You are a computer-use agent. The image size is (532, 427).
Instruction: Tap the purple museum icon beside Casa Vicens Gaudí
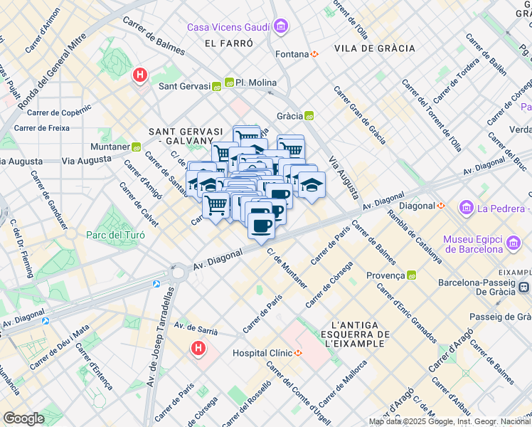(x=281, y=27)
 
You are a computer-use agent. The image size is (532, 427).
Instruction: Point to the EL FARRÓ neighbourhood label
(x=228, y=43)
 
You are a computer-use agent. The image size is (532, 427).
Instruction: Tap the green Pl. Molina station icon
(x=230, y=83)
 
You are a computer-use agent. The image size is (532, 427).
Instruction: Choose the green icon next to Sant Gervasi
(x=216, y=87)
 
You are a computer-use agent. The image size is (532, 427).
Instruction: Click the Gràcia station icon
(x=309, y=115)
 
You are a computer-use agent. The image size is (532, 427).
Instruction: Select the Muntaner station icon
(x=136, y=147)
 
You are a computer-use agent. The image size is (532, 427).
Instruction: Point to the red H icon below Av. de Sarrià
(x=198, y=349)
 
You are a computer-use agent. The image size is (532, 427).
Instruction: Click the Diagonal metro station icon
(x=441, y=206)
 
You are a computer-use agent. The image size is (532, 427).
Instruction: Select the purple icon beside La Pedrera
(x=467, y=208)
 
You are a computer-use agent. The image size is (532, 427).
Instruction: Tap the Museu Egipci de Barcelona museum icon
(x=513, y=245)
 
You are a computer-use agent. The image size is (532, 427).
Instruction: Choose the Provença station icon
(x=412, y=275)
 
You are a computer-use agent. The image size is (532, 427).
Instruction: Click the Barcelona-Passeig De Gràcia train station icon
(x=524, y=287)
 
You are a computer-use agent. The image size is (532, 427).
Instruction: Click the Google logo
(x=23, y=418)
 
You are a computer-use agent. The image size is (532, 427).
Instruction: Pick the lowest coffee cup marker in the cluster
(x=261, y=226)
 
